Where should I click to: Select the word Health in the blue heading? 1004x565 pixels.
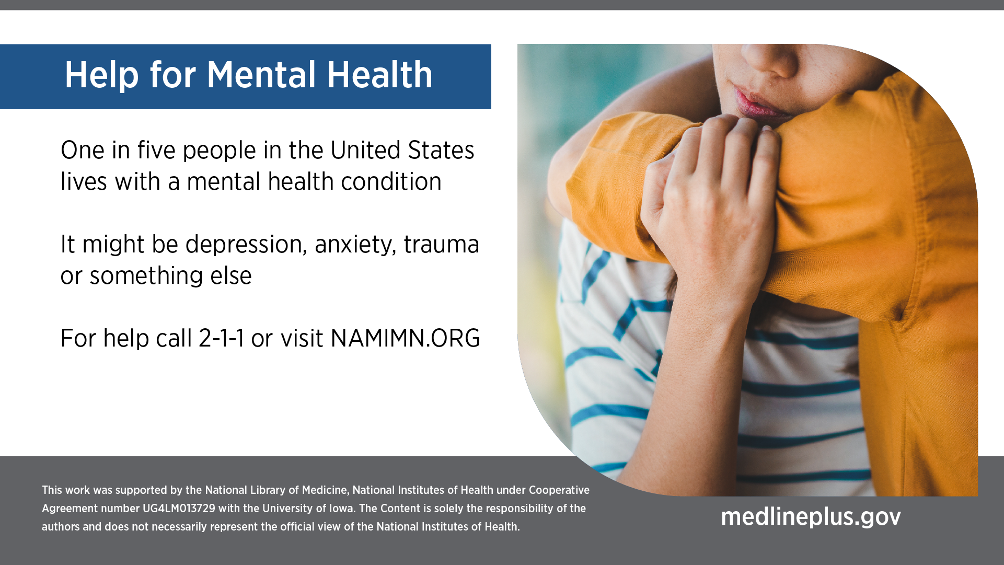380,75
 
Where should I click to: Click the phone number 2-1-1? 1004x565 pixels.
222,338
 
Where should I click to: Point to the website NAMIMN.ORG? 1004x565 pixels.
405,338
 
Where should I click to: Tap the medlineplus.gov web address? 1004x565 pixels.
811,517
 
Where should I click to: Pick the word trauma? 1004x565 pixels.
441,245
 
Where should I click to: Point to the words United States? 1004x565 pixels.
402,150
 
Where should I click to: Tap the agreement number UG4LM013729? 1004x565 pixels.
179,509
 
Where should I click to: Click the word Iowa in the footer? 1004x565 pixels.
341,509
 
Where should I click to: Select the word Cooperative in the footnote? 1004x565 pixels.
559,490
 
